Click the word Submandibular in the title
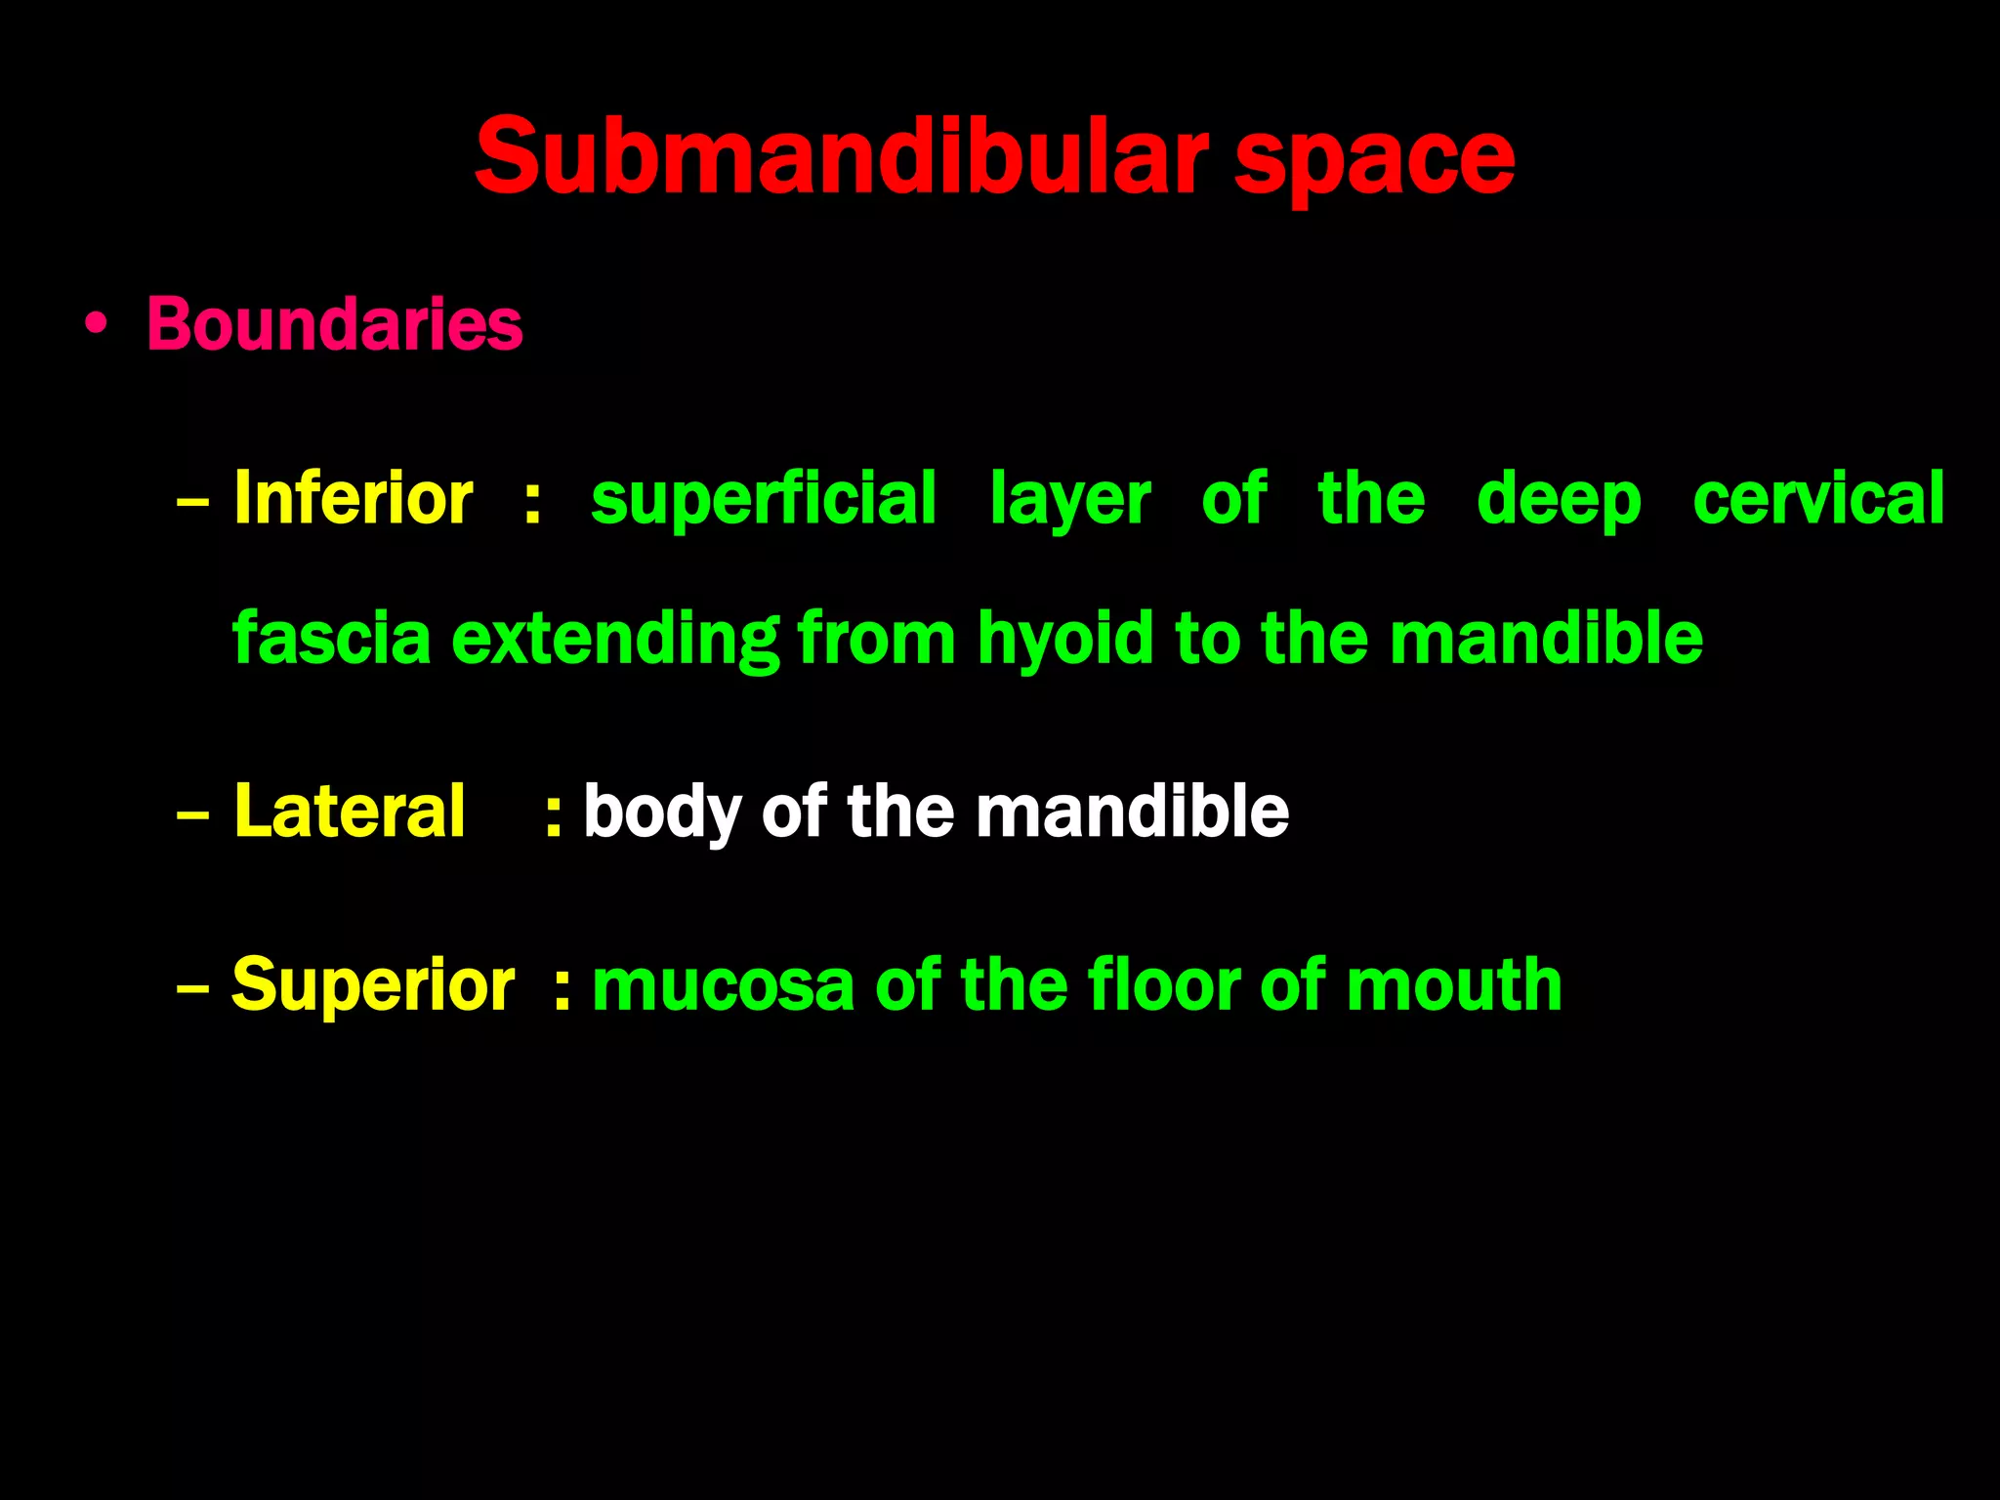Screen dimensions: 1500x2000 [x=841, y=156]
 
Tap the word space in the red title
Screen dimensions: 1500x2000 [x=1374, y=161]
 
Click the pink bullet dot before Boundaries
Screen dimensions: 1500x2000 [x=96, y=325]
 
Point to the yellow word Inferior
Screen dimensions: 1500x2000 [x=354, y=499]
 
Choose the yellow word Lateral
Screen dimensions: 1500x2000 [x=350, y=811]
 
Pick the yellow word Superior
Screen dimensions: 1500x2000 [x=373, y=984]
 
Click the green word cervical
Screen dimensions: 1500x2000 [x=1818, y=499]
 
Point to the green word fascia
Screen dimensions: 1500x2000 [x=332, y=638]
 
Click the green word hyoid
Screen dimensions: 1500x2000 [x=1066, y=640]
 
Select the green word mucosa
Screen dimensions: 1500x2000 [x=724, y=984]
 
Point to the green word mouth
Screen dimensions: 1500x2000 [x=1454, y=984]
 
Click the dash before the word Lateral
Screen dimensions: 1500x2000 [x=193, y=813]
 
